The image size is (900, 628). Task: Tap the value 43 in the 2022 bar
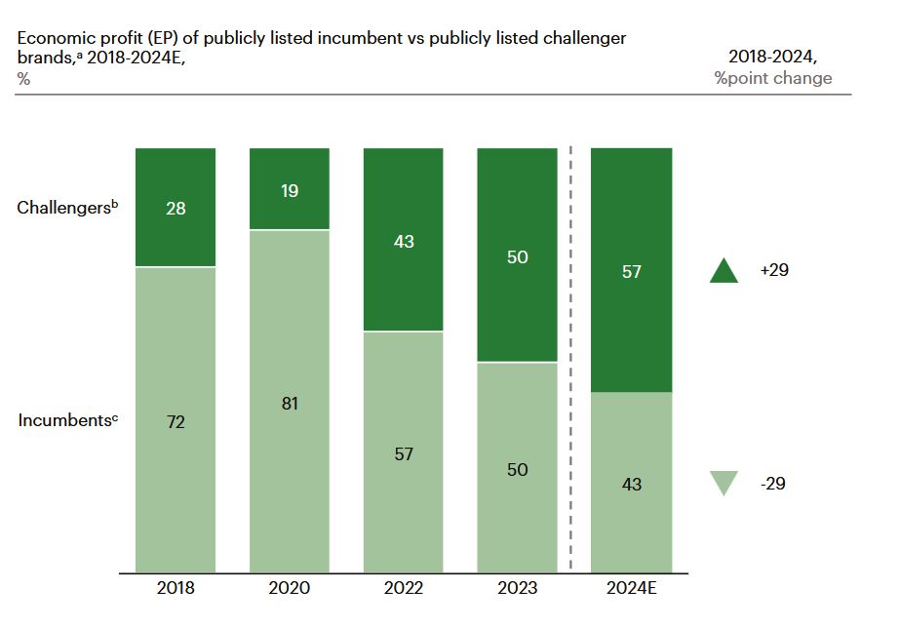tap(404, 241)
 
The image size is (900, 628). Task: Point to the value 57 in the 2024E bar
tap(632, 271)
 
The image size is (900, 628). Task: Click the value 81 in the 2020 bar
tap(290, 403)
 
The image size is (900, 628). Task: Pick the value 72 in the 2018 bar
tap(176, 422)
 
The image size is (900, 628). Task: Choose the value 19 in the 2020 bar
tap(290, 191)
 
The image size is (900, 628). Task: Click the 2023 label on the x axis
tap(518, 588)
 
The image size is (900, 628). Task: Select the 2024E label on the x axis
tap(632, 588)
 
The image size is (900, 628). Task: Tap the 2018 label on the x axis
tap(176, 588)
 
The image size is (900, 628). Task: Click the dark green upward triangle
tap(724, 270)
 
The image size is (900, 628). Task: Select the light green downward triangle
tap(724, 483)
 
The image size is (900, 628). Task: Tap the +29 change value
tap(774, 270)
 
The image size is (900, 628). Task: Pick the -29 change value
tap(772, 483)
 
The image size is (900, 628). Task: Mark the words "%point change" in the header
tap(773, 78)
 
